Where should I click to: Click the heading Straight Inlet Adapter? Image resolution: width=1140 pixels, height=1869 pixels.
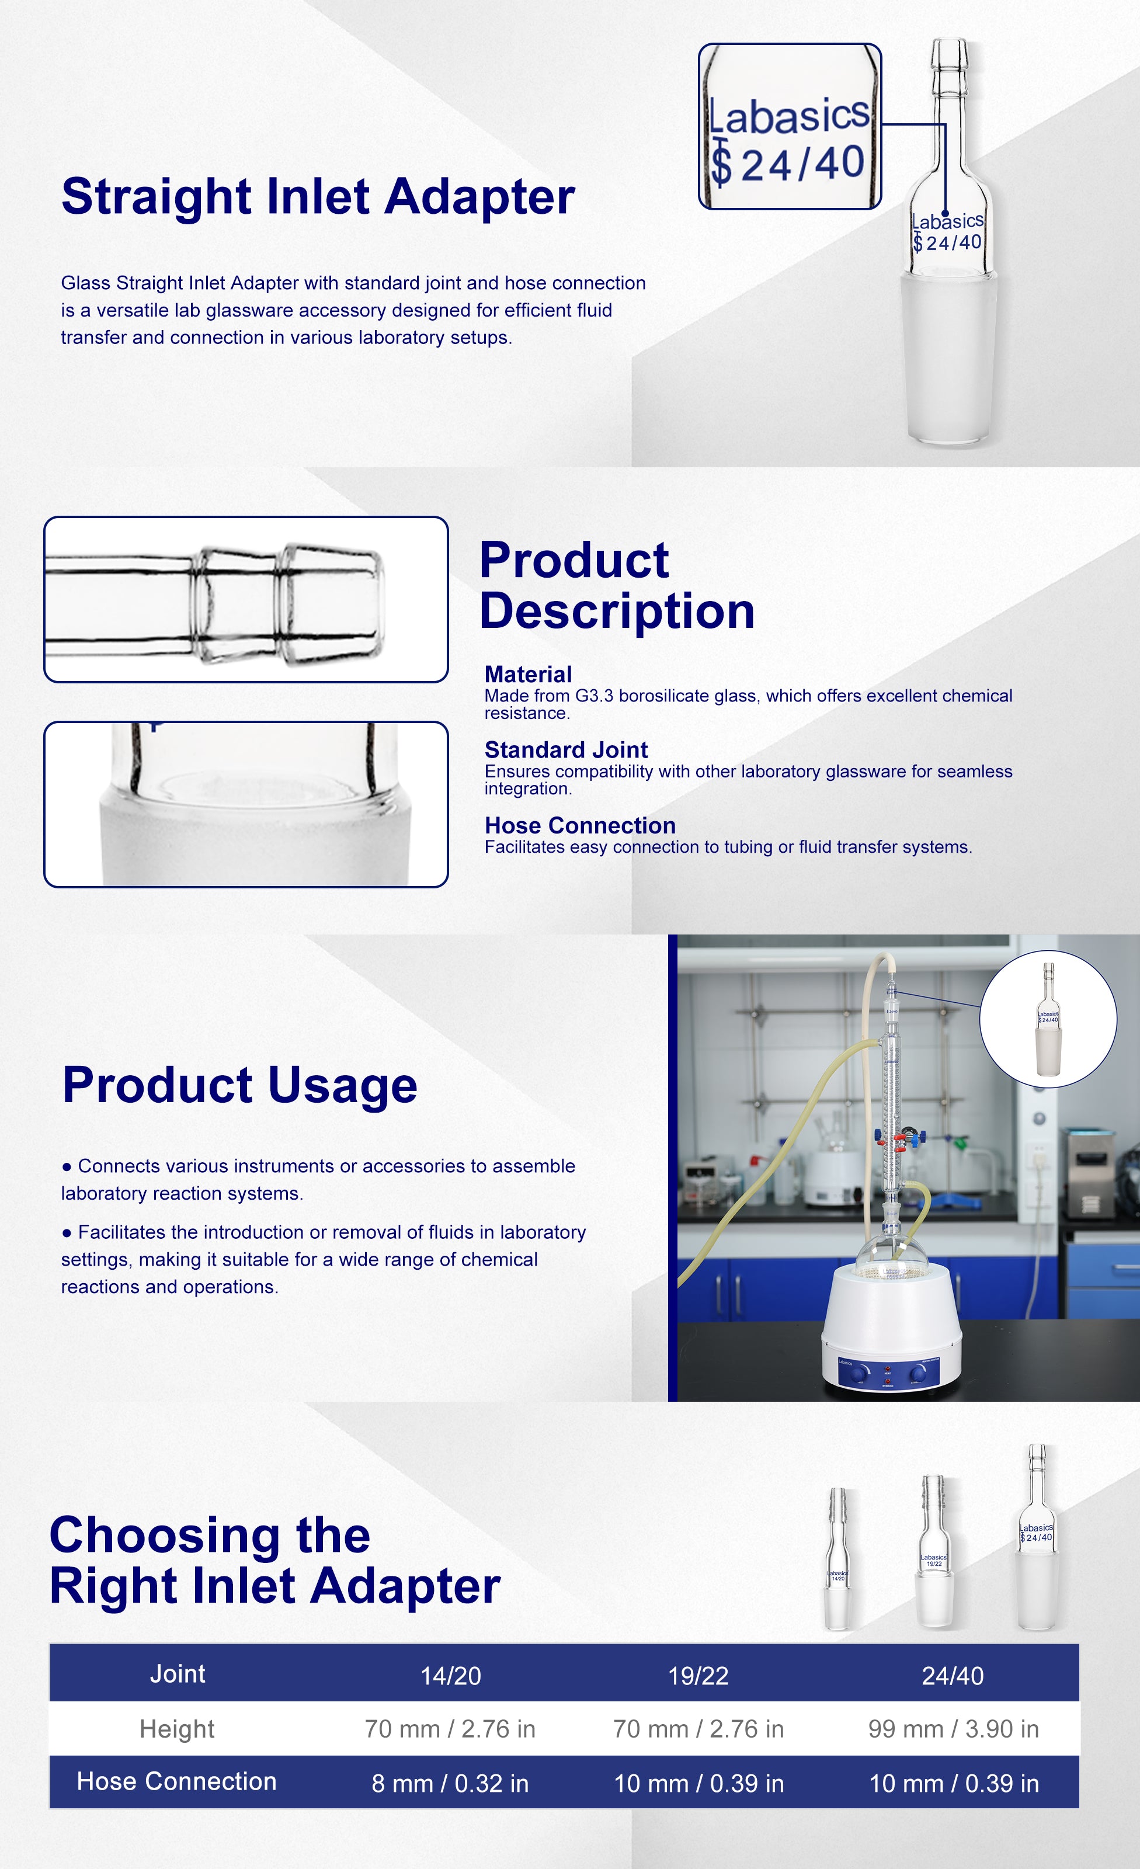click(318, 196)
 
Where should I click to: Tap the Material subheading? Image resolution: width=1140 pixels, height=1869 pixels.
click(528, 675)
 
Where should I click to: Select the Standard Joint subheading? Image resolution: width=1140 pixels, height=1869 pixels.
click(566, 749)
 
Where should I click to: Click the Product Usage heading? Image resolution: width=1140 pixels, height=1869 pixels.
click(239, 1085)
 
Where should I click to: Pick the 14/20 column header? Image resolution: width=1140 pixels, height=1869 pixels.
click(450, 1676)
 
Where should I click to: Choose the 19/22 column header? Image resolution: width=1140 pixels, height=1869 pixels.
click(698, 1676)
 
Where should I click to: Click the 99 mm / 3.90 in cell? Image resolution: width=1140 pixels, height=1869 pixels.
click(954, 1729)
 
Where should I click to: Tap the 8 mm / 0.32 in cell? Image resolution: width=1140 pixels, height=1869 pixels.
click(450, 1783)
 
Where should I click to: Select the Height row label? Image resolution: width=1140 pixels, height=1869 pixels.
click(177, 1729)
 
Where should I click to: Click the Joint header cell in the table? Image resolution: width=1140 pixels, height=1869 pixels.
click(178, 1674)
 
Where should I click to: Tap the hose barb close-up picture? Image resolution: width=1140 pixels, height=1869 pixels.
click(246, 599)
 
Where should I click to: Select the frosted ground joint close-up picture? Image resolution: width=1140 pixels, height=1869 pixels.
click(246, 804)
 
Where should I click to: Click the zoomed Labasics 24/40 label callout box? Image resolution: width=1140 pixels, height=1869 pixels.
click(790, 126)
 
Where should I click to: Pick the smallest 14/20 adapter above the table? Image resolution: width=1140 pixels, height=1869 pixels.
click(837, 1559)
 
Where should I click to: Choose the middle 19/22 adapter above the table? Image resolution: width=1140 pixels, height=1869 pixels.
click(934, 1551)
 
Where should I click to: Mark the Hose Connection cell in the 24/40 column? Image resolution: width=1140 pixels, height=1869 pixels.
click(954, 1783)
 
